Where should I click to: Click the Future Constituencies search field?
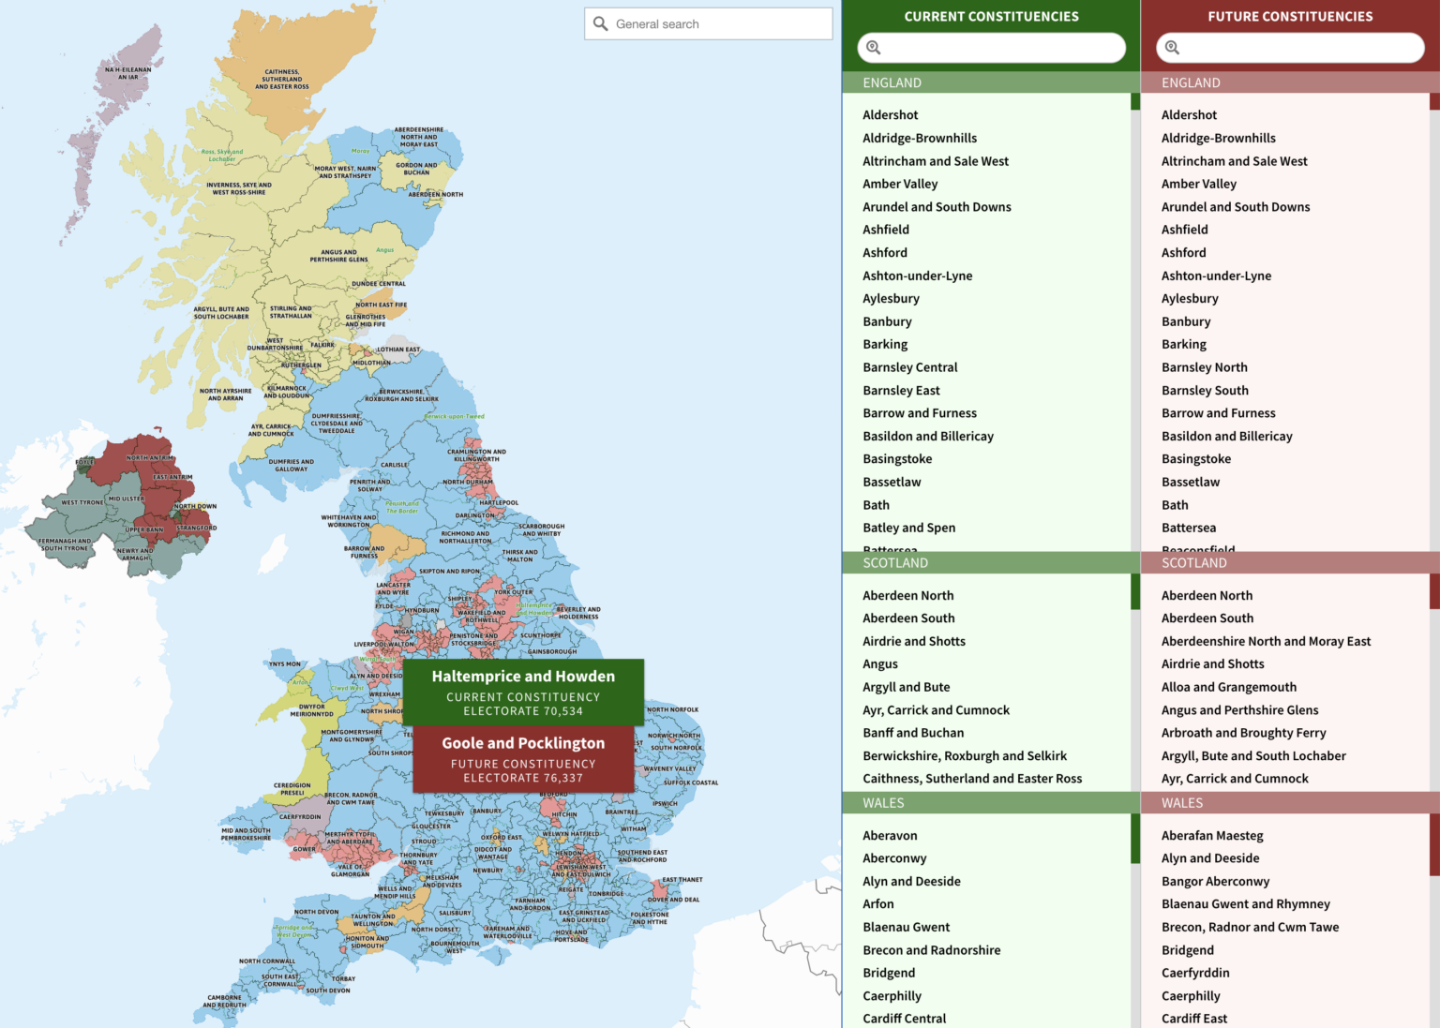pos(1298,48)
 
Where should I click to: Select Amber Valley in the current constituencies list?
pos(900,184)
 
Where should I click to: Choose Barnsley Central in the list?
pos(909,367)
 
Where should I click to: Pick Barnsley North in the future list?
pos(1204,367)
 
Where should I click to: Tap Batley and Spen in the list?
pos(908,528)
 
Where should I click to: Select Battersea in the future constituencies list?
pos(1188,528)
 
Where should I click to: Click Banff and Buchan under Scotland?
pos(912,733)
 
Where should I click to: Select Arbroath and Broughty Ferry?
pos(1243,733)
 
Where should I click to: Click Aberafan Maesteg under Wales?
pos(1211,835)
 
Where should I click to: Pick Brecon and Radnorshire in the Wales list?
pos(931,950)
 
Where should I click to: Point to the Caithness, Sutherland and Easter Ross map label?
pos(281,79)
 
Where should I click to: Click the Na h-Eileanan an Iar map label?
pos(127,73)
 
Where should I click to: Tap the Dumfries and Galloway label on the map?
pos(291,465)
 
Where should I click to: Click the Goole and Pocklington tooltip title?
pos(523,743)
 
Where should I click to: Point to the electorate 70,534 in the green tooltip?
pos(523,711)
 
